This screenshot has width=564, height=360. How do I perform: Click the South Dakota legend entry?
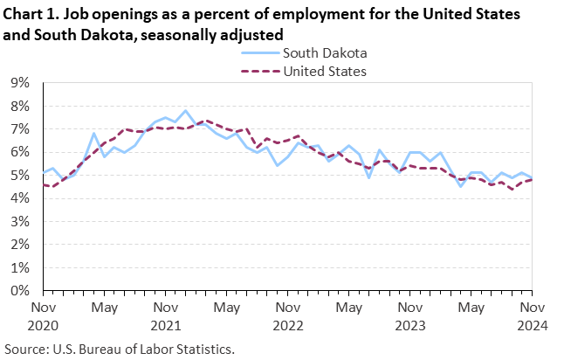319,53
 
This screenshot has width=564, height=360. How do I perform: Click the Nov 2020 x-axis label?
43,316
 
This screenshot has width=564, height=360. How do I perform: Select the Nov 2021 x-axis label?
166,316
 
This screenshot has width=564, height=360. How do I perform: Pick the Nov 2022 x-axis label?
288,316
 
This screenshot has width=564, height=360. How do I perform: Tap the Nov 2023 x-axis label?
410,316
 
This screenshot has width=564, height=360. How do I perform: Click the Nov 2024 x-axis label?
533,316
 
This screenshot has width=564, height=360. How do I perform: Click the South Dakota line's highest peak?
185,111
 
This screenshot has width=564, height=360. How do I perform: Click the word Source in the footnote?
27,349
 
